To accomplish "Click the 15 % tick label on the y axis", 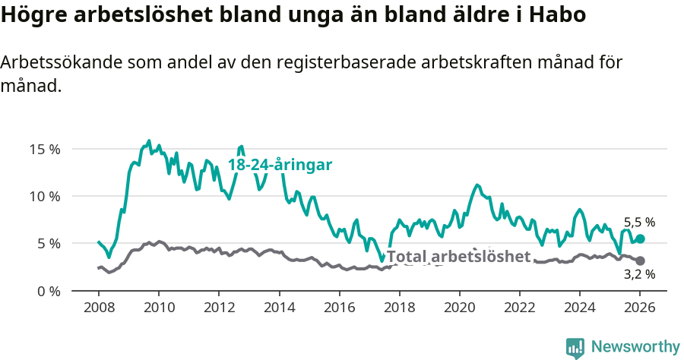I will tap(45, 149).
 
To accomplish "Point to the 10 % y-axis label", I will tap(45, 196).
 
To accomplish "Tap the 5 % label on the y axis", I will tap(48, 244).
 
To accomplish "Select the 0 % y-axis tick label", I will tap(48, 291).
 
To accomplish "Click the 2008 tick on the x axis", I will tap(99, 308).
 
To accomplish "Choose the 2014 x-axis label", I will tap(279, 308).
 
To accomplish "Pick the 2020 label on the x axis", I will tap(459, 308).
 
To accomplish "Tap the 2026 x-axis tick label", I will tap(640, 308).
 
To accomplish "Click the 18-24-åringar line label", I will tap(280, 165).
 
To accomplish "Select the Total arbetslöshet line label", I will tap(458, 257).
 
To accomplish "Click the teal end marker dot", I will tap(640, 238).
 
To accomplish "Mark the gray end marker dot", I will tap(640, 261).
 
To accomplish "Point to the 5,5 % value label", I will tap(639, 223).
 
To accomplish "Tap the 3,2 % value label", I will tap(639, 274).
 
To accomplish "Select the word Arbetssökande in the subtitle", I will tap(57, 63).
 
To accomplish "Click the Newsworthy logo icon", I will tap(575, 347).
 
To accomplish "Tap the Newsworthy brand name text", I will tap(635, 347).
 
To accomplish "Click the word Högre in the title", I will tap(29, 15).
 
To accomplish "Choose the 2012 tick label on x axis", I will tap(219, 308).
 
